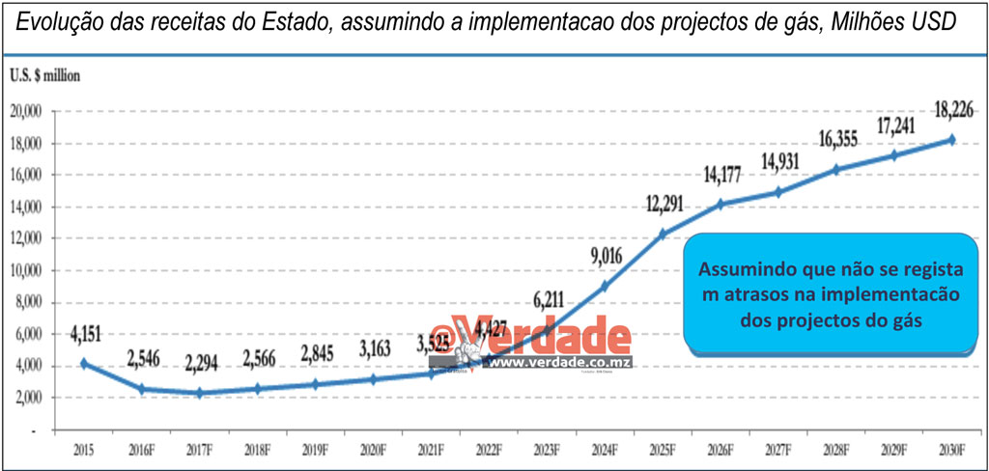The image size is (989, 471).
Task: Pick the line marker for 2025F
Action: pyautogui.click(x=663, y=234)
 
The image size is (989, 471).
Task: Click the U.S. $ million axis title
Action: pyautogui.click(x=45, y=75)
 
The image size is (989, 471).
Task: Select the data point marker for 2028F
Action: pyautogui.click(x=836, y=169)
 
